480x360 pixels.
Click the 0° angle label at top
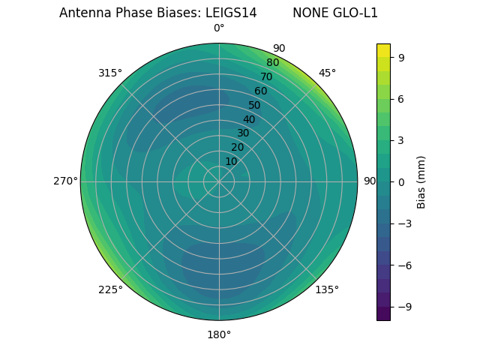coord(219,28)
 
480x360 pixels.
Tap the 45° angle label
coord(327,73)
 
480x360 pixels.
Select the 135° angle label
coord(327,289)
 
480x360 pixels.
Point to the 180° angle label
coord(219,334)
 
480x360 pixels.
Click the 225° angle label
coord(110,289)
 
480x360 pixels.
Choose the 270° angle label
coord(65,181)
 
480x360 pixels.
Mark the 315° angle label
coord(110,73)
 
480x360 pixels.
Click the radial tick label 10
coord(231,161)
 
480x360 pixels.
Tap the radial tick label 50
coord(255,105)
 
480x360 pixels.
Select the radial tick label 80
coord(272,62)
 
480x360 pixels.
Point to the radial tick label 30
coord(243,133)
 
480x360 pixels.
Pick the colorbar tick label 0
coord(402,181)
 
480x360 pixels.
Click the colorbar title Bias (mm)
coord(421,181)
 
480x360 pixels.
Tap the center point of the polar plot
coord(219,181)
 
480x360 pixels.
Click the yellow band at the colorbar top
coord(383,49)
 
